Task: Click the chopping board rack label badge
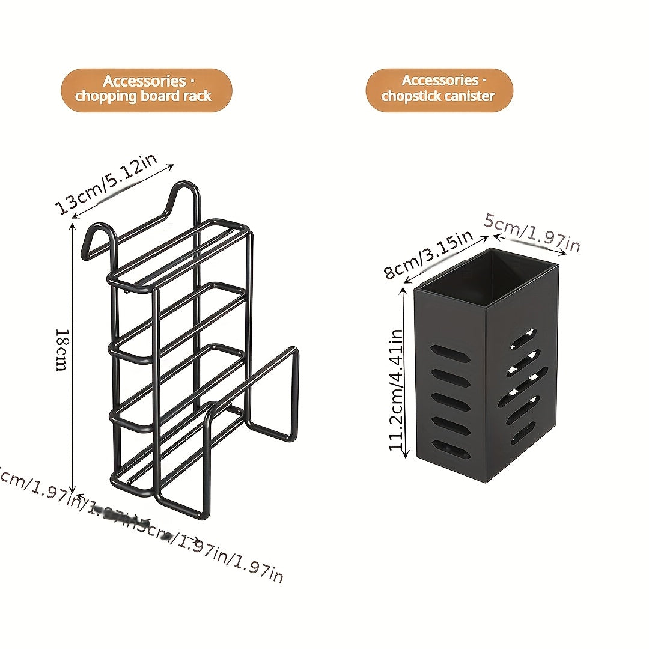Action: click(x=146, y=90)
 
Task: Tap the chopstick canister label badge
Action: click(x=439, y=90)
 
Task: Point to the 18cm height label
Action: click(x=61, y=349)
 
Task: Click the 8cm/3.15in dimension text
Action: click(x=428, y=255)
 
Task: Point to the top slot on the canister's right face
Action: click(x=523, y=339)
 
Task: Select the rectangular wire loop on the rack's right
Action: click(x=273, y=394)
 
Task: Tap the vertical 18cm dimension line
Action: click(x=73, y=361)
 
